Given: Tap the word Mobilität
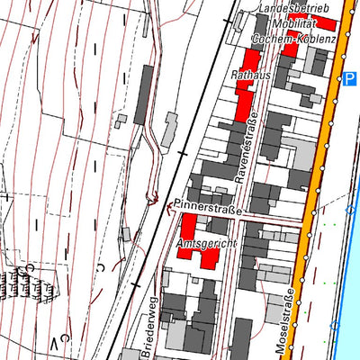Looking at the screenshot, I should pyautogui.click(x=295, y=23).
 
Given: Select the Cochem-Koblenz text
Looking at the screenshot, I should pyautogui.click(x=294, y=40).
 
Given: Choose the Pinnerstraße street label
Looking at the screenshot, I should pyautogui.click(x=209, y=210).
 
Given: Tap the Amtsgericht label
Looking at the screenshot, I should pyautogui.click(x=207, y=244).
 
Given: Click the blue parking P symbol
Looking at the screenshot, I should pyautogui.click(x=349, y=80).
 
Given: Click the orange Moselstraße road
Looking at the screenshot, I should pyautogui.click(x=319, y=180).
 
